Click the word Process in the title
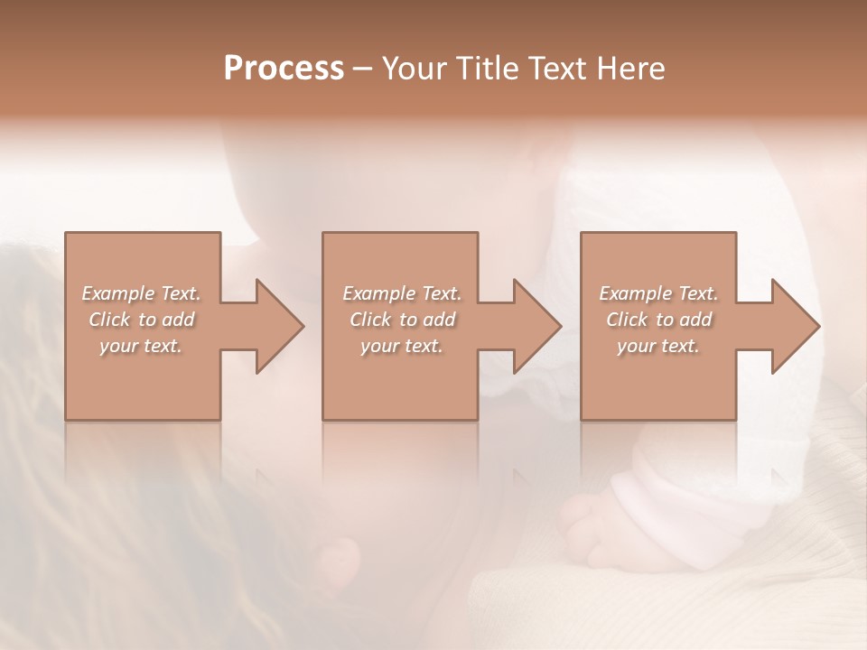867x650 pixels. point(284,69)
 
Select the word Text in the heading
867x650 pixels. point(555,69)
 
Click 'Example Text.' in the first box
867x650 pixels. point(141,293)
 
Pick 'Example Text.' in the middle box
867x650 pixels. point(402,293)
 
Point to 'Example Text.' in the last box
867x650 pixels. point(658,293)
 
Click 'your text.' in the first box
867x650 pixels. point(141,346)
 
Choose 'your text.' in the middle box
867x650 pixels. point(402,346)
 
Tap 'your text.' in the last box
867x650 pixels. point(658,346)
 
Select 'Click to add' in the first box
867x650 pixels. point(142,320)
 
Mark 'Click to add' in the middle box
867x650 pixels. point(403,320)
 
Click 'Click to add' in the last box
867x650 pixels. point(659,320)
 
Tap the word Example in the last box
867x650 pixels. point(636,293)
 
